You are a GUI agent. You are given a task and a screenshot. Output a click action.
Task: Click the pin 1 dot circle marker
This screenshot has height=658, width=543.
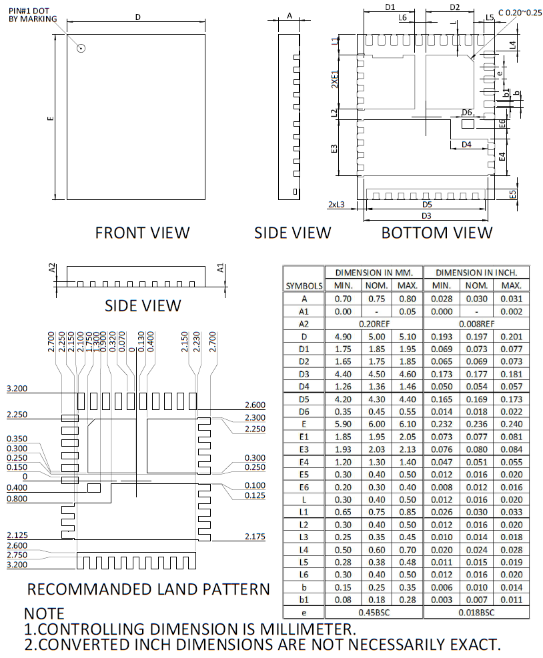(81, 48)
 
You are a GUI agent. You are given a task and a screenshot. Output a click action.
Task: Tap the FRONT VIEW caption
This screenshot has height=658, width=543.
(142, 233)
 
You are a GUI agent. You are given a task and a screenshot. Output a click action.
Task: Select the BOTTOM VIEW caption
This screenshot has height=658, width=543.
(437, 233)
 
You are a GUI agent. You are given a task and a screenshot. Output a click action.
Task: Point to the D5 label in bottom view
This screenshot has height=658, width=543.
(427, 205)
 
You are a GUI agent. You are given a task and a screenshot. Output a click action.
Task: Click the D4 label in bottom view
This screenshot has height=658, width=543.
(466, 144)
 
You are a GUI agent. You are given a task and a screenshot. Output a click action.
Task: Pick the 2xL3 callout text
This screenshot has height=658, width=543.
(336, 205)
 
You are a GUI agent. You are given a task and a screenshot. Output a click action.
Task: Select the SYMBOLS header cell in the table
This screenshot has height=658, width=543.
(304, 285)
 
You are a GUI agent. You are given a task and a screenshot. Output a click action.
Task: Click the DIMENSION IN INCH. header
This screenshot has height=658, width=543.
(476, 273)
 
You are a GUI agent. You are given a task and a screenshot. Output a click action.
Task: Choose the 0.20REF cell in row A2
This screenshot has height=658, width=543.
(374, 324)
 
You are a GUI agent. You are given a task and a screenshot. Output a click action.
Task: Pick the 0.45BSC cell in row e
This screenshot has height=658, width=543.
(374, 613)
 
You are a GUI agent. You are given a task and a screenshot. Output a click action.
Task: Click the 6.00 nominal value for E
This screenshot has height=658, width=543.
(374, 423)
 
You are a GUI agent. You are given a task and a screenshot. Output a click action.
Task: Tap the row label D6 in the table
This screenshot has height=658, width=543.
(304, 411)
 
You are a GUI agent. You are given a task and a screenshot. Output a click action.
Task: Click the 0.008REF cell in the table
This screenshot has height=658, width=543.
(476, 324)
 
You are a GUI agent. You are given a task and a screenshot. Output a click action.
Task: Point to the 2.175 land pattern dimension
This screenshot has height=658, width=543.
(255, 537)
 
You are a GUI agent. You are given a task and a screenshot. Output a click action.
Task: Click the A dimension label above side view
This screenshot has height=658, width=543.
(290, 15)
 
